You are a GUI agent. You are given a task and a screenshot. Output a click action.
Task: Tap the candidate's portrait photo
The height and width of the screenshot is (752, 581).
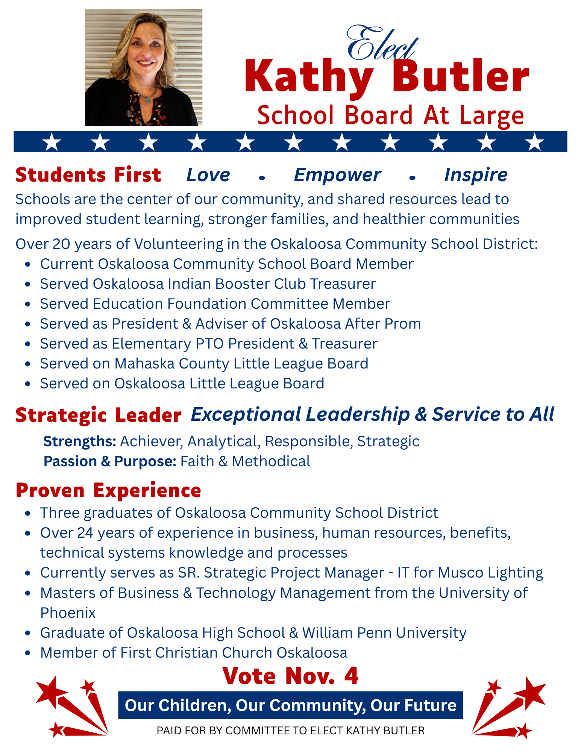(143, 68)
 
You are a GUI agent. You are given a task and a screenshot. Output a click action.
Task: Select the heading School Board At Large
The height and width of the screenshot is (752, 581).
(390, 115)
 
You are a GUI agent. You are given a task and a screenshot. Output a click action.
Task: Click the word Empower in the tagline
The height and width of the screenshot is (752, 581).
(337, 175)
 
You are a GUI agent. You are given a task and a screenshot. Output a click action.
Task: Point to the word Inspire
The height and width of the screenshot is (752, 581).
(476, 175)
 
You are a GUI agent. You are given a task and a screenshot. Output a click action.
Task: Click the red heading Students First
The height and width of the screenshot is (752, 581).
(88, 175)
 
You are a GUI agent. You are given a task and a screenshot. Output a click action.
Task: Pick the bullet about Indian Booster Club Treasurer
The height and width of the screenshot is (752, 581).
(208, 284)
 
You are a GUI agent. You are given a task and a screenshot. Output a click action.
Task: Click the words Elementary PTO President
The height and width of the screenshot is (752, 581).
(203, 344)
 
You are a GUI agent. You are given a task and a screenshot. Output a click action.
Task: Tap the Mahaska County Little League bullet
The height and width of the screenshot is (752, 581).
(204, 364)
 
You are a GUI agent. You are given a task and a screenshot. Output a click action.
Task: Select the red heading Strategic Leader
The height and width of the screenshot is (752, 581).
(99, 415)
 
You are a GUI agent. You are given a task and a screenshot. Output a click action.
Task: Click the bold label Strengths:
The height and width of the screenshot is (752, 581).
(80, 441)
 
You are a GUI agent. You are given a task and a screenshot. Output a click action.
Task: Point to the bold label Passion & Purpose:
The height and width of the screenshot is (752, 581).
(110, 461)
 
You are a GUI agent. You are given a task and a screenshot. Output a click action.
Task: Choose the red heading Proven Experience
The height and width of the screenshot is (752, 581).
(108, 491)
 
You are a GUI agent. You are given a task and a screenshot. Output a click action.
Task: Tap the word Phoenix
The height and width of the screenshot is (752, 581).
(68, 613)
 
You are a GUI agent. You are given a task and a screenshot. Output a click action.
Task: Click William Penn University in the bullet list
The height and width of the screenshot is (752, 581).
(384, 633)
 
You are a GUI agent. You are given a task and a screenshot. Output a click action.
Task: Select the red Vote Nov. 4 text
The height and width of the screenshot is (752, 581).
(290, 676)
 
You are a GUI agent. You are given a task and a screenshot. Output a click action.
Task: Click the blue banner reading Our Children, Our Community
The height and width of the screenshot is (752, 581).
(290, 705)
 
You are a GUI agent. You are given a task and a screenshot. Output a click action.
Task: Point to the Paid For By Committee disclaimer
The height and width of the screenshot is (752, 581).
(290, 731)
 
